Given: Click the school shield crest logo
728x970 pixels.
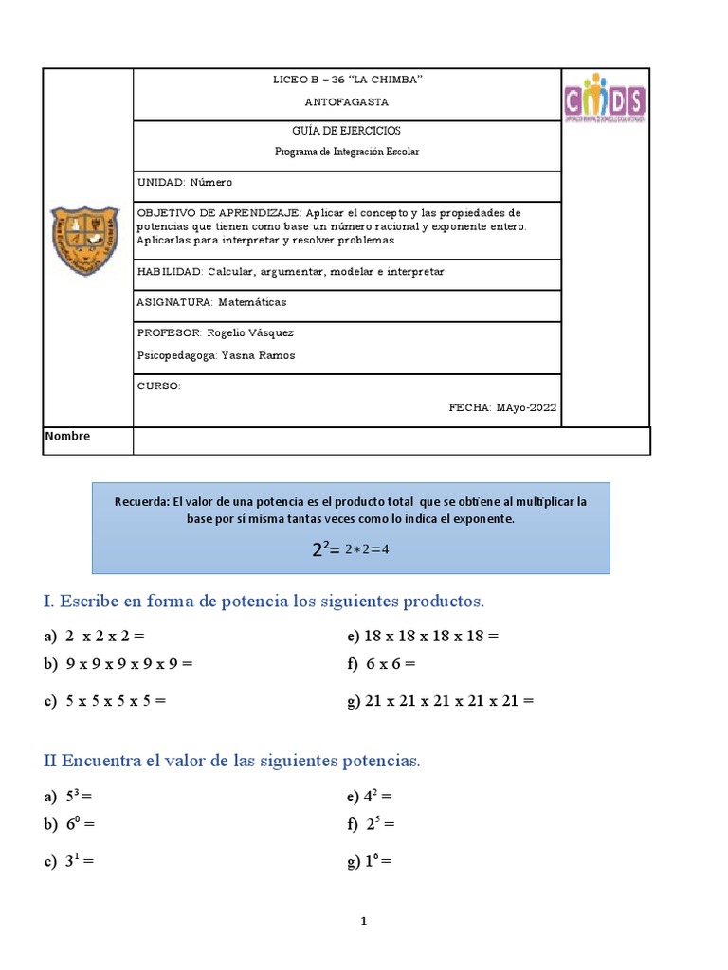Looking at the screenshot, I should [85, 240].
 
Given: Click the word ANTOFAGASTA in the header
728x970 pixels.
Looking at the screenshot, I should [347, 101].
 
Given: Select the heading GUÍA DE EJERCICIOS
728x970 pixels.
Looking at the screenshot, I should [347, 131].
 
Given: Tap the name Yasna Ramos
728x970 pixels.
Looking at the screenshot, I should [263, 355].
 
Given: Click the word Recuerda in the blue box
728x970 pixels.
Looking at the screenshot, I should [140, 502].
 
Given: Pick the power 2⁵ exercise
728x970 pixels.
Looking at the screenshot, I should [378, 824].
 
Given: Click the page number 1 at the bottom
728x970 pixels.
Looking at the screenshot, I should [364, 921].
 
